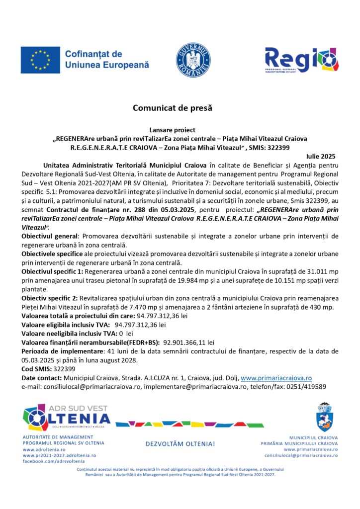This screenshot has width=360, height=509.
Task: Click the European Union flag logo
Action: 40,60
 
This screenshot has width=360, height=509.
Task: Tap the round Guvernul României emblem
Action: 193,60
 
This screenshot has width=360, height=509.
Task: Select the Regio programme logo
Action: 302,60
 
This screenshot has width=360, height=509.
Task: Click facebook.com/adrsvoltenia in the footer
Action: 51,462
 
